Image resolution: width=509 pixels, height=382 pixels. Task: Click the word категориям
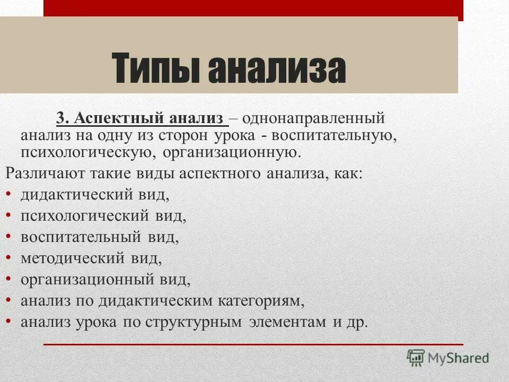[260, 300]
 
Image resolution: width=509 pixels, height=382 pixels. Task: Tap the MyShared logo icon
[416, 358]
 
